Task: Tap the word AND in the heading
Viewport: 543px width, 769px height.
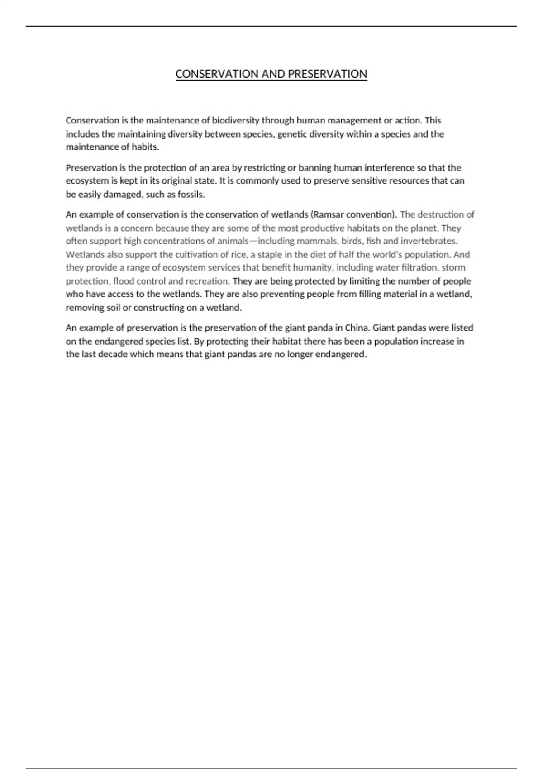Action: [272, 74]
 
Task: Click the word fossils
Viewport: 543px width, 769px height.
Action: [192, 195]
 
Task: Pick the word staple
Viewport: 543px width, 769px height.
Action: [270, 255]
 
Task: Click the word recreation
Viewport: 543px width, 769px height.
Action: [208, 281]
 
